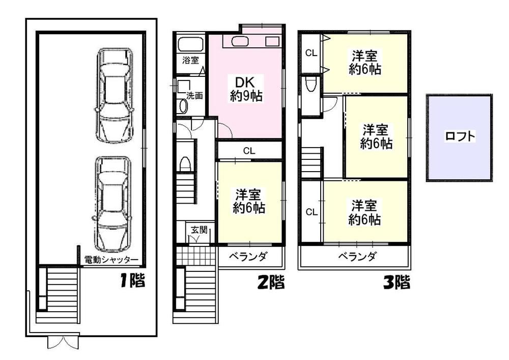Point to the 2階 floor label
click(x=270, y=282)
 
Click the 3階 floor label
click(x=396, y=282)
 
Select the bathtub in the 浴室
click(x=190, y=43)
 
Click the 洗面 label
click(x=195, y=95)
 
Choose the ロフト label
click(x=460, y=136)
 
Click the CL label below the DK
click(x=249, y=150)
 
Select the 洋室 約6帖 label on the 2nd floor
click(x=249, y=201)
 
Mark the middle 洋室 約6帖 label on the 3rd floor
click(x=376, y=136)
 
